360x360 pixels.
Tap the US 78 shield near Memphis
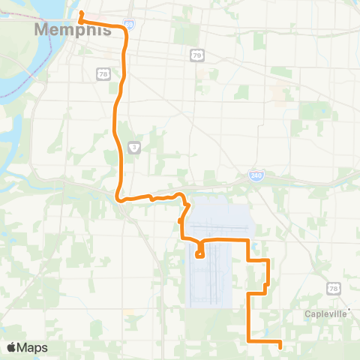102,73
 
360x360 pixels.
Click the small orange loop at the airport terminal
199,253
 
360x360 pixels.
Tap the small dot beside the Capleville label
348,307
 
